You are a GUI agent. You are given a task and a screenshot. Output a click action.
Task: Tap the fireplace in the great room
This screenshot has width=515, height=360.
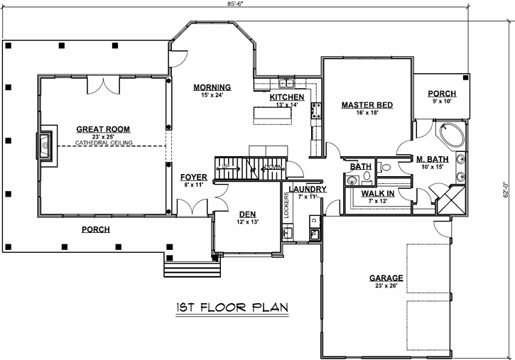click(47, 145)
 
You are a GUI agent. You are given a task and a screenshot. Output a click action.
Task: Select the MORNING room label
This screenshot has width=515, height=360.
click(212, 87)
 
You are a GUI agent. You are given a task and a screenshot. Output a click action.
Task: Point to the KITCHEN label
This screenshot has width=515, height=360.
click(287, 97)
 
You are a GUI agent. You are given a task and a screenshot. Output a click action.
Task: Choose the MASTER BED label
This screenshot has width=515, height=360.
click(367, 105)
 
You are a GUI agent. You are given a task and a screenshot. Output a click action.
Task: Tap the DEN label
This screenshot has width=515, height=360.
click(246, 214)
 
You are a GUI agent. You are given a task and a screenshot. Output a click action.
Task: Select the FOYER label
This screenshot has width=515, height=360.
click(194, 177)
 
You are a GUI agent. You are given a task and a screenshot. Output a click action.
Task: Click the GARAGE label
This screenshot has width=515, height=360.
click(386, 278)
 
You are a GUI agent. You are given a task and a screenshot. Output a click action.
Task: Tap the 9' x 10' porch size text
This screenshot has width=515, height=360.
click(441, 102)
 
